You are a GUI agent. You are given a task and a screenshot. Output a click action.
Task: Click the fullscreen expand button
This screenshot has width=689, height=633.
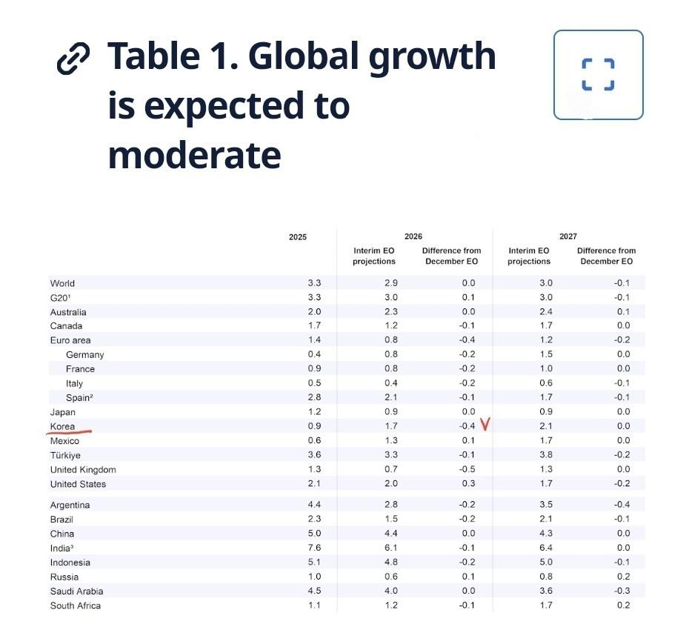click(x=598, y=75)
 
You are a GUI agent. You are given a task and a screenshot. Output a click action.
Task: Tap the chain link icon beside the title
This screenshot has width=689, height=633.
click(x=73, y=58)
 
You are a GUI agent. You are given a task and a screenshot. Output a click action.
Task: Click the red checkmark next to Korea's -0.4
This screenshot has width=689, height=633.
click(x=486, y=425)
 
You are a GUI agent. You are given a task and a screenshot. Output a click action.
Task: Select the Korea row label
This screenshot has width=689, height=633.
click(x=62, y=426)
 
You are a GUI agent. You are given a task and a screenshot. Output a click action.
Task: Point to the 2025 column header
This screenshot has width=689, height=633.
click(x=297, y=237)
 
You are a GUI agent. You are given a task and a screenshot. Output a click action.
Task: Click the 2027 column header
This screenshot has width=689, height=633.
click(x=567, y=236)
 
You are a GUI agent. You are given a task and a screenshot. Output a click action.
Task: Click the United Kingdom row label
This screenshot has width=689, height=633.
click(x=83, y=469)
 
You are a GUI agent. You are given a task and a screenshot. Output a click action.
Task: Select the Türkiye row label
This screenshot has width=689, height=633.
click(x=65, y=455)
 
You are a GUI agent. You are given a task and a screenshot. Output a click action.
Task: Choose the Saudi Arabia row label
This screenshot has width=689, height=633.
click(x=76, y=591)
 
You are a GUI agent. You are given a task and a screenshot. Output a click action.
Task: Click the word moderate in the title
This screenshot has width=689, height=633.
click(x=194, y=155)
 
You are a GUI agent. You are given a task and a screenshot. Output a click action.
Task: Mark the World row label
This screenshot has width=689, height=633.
click(x=62, y=283)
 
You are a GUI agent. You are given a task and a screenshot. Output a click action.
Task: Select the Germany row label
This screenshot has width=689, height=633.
click(x=84, y=354)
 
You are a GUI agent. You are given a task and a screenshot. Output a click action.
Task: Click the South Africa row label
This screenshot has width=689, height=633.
click(x=76, y=606)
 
